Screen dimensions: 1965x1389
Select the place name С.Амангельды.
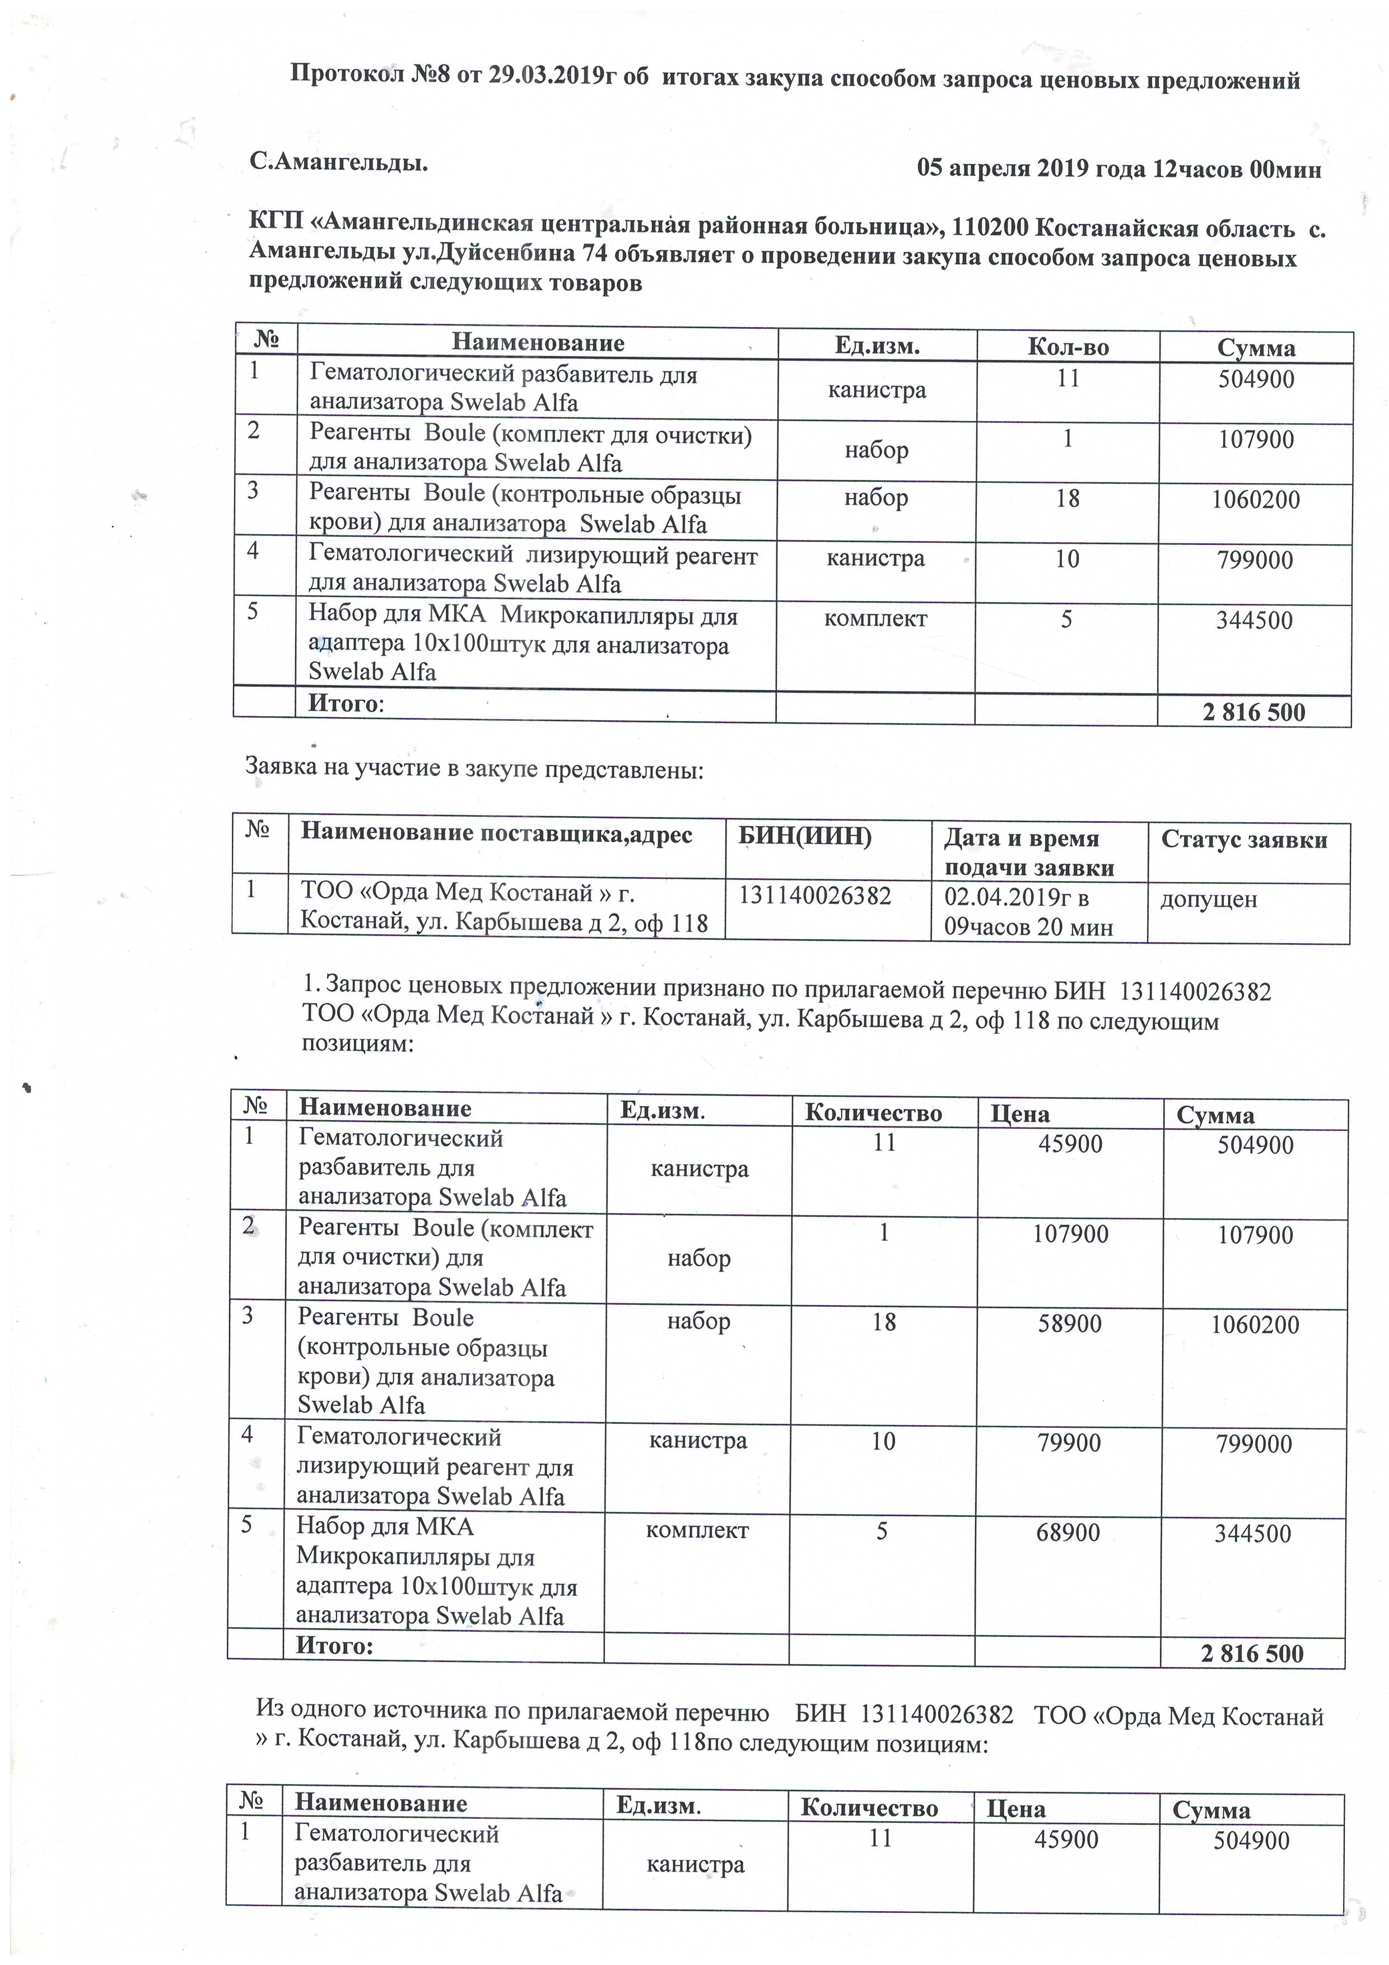tap(338, 162)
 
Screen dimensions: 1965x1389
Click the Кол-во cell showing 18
tap(1067, 498)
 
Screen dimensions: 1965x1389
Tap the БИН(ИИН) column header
tap(804, 836)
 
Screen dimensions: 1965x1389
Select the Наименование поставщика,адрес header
tap(496, 833)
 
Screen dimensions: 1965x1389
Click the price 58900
tap(1069, 1323)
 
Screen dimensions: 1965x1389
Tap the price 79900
tap(1069, 1443)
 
